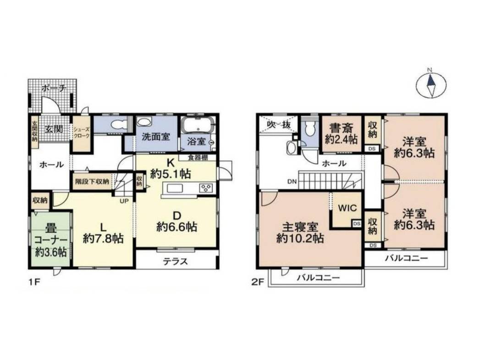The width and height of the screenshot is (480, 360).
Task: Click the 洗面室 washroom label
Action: [155, 136]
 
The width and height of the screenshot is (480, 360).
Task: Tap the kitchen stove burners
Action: [206, 188]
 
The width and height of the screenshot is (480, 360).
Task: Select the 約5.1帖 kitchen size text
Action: [171, 174]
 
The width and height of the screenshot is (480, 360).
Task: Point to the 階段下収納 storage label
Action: [92, 181]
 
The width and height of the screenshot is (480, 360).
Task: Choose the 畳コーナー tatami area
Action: [51, 239]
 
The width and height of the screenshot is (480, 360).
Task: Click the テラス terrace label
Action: [176, 261]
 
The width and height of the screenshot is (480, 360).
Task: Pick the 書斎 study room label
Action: [340, 126]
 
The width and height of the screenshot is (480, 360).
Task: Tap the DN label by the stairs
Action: [292, 182]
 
